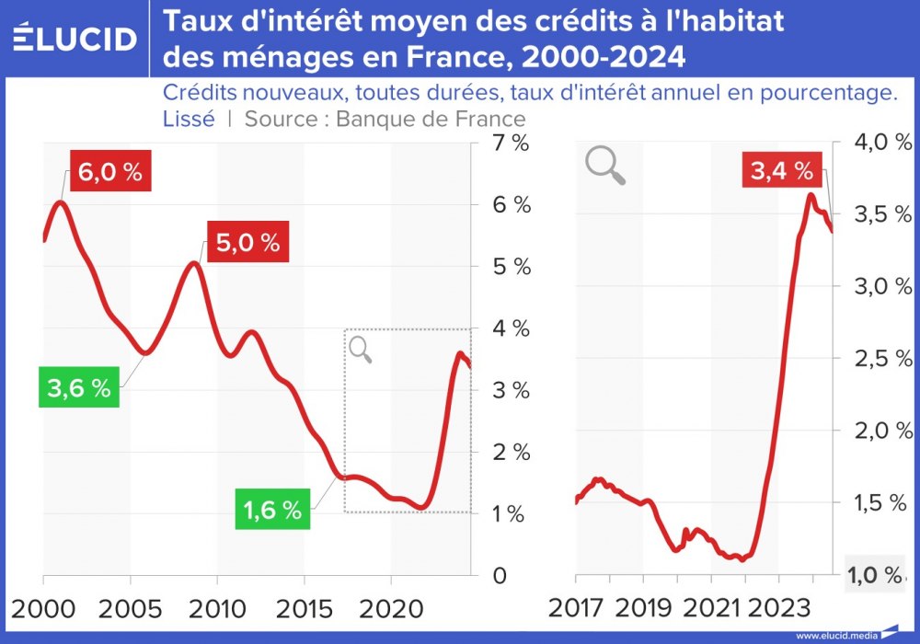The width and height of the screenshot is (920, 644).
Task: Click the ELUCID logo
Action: coord(75,38)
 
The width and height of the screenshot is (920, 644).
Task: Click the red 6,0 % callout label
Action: coord(110,172)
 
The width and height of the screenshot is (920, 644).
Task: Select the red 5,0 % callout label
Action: coord(247,243)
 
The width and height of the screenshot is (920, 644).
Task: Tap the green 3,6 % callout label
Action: coord(79,388)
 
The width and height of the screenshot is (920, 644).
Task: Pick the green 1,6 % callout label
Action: coord(272,510)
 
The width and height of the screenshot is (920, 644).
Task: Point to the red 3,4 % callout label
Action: coord(781,170)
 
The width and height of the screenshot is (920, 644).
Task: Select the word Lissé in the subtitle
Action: coord(189,119)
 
